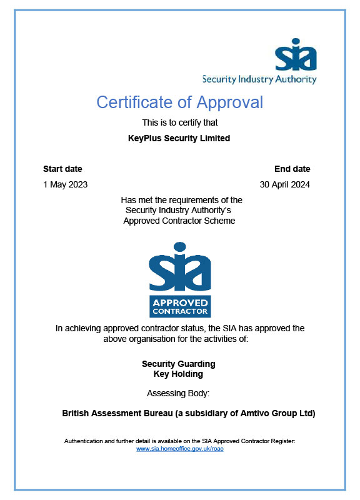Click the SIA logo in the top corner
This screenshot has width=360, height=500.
click(296, 54)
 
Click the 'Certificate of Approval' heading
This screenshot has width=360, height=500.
click(180, 102)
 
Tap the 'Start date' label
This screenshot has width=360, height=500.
click(62, 169)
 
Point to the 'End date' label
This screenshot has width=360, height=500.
click(292, 169)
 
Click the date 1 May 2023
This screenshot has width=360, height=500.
click(65, 184)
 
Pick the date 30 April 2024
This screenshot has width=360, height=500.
click(284, 184)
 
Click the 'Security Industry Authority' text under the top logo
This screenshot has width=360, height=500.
click(259, 79)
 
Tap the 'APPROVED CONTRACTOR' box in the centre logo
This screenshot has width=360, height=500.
click(179, 306)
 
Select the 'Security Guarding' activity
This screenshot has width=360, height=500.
click(179, 364)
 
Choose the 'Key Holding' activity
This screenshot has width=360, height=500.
click(178, 374)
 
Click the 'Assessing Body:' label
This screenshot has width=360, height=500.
click(178, 393)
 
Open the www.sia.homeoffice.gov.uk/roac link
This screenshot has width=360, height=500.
click(179, 449)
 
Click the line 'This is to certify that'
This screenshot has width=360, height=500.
click(180, 122)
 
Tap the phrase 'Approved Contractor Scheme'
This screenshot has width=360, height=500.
click(179, 221)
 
